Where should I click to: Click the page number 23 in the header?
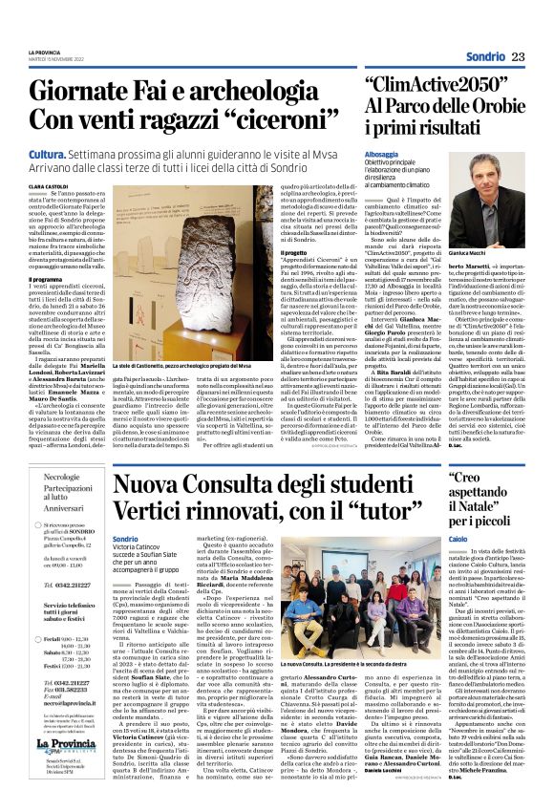pyautogui.click(x=519, y=57)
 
